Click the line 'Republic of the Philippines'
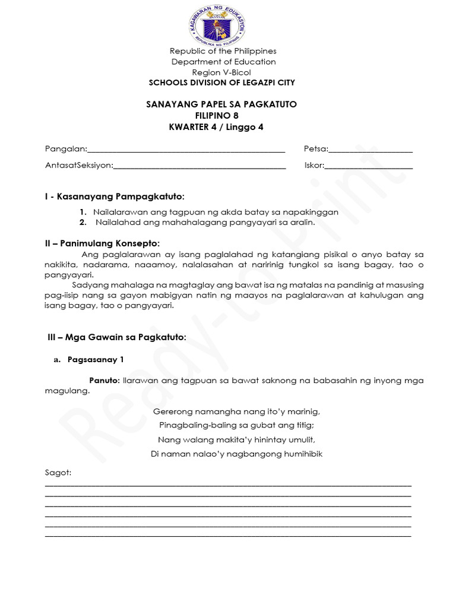coord(223,51)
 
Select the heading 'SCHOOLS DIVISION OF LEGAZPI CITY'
coord(221,83)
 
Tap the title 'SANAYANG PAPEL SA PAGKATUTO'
coord(221,104)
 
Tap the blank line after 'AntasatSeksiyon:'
coord(199,166)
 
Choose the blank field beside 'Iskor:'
coord(369,166)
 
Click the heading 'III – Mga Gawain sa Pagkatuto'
coord(116,337)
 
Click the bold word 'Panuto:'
coord(104,381)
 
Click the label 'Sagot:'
coord(58,473)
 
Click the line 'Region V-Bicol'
coord(223,72)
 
